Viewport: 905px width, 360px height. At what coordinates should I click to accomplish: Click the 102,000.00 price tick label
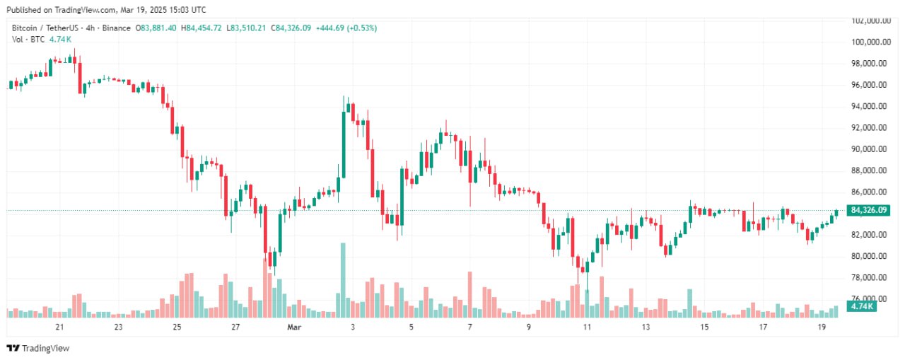click(870, 21)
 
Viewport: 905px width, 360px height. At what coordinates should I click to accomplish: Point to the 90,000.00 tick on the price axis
click(870, 149)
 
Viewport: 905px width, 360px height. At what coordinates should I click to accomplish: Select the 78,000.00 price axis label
click(870, 277)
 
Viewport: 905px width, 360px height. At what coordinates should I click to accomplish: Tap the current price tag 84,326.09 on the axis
click(869, 210)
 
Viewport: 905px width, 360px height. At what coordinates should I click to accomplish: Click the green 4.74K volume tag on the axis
click(863, 306)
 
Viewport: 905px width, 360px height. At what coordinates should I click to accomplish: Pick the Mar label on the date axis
click(294, 327)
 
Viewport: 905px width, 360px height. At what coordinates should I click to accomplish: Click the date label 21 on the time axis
click(59, 327)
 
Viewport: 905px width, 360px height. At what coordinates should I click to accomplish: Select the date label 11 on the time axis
click(587, 327)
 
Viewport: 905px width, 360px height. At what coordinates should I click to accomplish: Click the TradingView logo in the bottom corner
click(38, 348)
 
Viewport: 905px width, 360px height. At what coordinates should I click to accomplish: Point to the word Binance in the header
click(117, 28)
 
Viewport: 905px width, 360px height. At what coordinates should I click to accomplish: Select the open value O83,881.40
click(156, 28)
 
